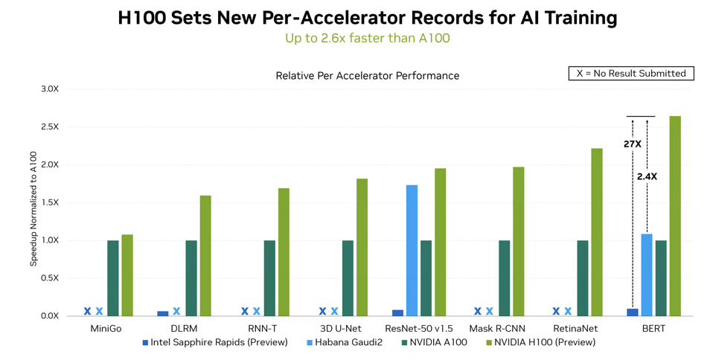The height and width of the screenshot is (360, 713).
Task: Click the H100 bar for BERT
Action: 675,216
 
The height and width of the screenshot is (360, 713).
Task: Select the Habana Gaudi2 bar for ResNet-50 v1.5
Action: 412,251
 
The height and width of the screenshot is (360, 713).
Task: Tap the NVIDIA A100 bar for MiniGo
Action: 113,278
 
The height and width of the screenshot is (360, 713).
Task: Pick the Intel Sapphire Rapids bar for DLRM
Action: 163,313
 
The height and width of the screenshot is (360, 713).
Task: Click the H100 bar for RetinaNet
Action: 597,232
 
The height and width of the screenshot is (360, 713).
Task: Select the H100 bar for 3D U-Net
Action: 362,247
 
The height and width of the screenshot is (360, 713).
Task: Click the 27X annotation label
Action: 632,144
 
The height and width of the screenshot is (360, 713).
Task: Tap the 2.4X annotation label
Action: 647,176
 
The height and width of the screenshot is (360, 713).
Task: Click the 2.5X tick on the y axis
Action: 50,126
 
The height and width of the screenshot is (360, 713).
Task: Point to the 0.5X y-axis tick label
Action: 50,278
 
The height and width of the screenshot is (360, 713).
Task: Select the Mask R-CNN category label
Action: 498,328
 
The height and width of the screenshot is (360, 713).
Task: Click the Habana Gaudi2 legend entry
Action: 346,343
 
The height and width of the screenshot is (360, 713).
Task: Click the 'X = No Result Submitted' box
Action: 631,73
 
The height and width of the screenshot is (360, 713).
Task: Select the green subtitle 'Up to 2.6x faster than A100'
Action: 367,38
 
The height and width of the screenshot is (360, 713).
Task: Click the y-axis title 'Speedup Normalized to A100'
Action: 33,208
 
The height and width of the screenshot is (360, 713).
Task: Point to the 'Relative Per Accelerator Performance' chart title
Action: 367,76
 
